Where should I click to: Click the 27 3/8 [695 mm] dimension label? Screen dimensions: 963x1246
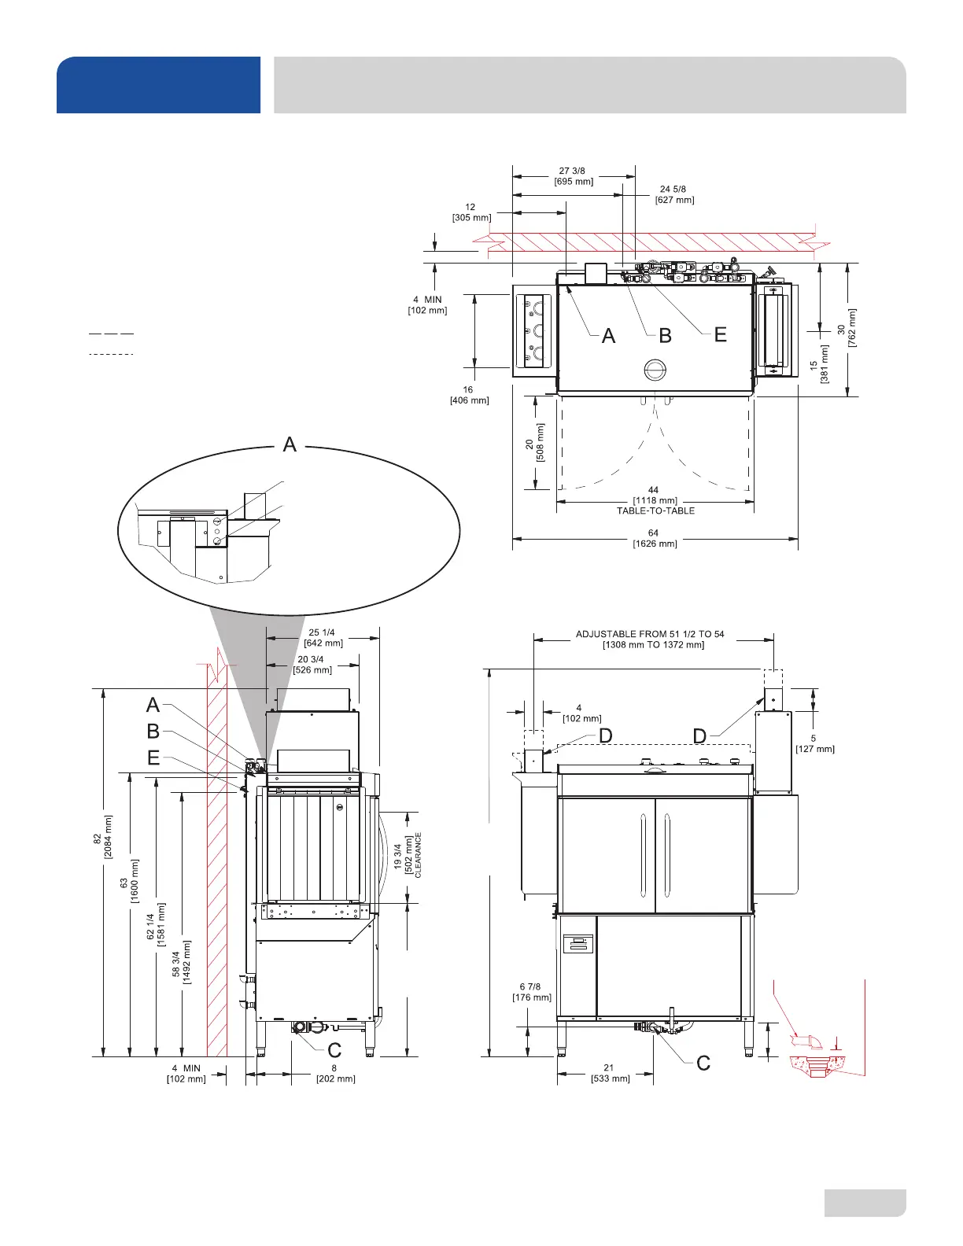(x=574, y=176)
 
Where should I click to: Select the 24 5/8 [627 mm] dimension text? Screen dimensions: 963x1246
(x=674, y=194)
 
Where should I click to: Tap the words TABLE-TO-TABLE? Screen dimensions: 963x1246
(x=655, y=511)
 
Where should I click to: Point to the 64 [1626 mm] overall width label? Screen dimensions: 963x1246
(x=655, y=538)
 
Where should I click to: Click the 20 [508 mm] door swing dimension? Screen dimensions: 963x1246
(x=534, y=443)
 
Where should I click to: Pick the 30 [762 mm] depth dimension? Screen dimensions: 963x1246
(x=847, y=329)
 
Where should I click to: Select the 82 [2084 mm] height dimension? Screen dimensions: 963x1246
(x=102, y=837)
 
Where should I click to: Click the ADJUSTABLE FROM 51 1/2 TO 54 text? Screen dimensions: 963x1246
(x=650, y=634)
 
